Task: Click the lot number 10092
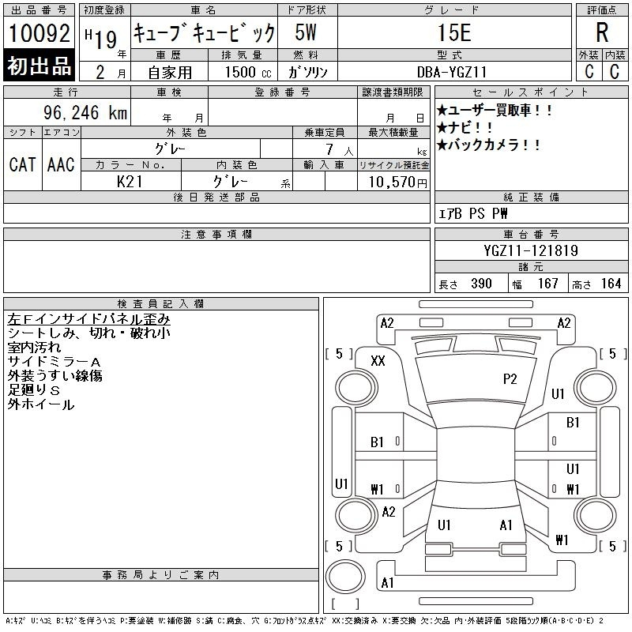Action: tap(39, 32)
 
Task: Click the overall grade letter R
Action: tap(602, 32)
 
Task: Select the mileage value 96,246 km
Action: tap(85, 112)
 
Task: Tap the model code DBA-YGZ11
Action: tap(452, 72)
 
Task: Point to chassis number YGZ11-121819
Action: tap(531, 250)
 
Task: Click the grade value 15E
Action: tap(454, 32)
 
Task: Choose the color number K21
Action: tap(130, 182)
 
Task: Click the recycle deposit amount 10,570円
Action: tap(397, 182)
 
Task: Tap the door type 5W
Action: tap(306, 32)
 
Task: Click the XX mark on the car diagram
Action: tap(378, 361)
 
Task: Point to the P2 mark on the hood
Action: tap(510, 379)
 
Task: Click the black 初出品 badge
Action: tap(39, 66)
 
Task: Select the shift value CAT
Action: tap(23, 164)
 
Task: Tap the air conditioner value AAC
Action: tap(62, 164)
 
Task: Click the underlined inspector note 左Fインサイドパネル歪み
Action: tap(88, 319)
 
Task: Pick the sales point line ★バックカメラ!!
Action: tap(488, 145)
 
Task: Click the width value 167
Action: tap(548, 284)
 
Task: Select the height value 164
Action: tap(611, 284)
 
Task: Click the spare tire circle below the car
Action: tap(345, 576)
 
